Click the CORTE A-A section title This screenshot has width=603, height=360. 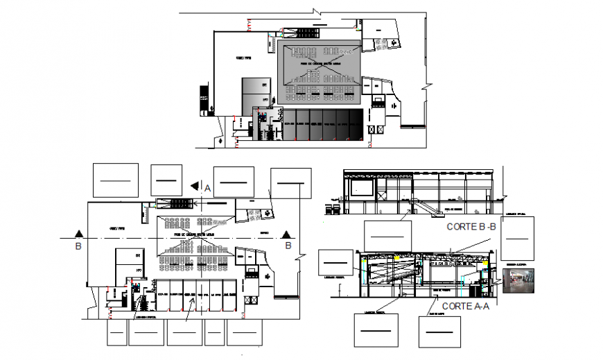tap(465, 306)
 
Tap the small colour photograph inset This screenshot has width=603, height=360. tap(518, 282)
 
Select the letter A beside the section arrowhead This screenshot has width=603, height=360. tap(207, 187)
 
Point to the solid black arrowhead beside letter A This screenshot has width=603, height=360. tap(195, 186)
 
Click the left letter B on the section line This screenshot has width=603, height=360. tap(78, 245)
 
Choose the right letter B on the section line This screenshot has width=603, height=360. tap(287, 244)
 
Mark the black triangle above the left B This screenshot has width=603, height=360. tap(80, 234)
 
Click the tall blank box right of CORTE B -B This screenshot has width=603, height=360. tap(516, 238)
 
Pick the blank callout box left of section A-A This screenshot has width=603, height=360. tap(336, 264)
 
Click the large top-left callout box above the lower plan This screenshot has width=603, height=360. tap(116, 180)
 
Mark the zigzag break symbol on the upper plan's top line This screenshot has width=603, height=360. tap(317, 12)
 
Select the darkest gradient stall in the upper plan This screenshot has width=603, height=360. tap(355, 124)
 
